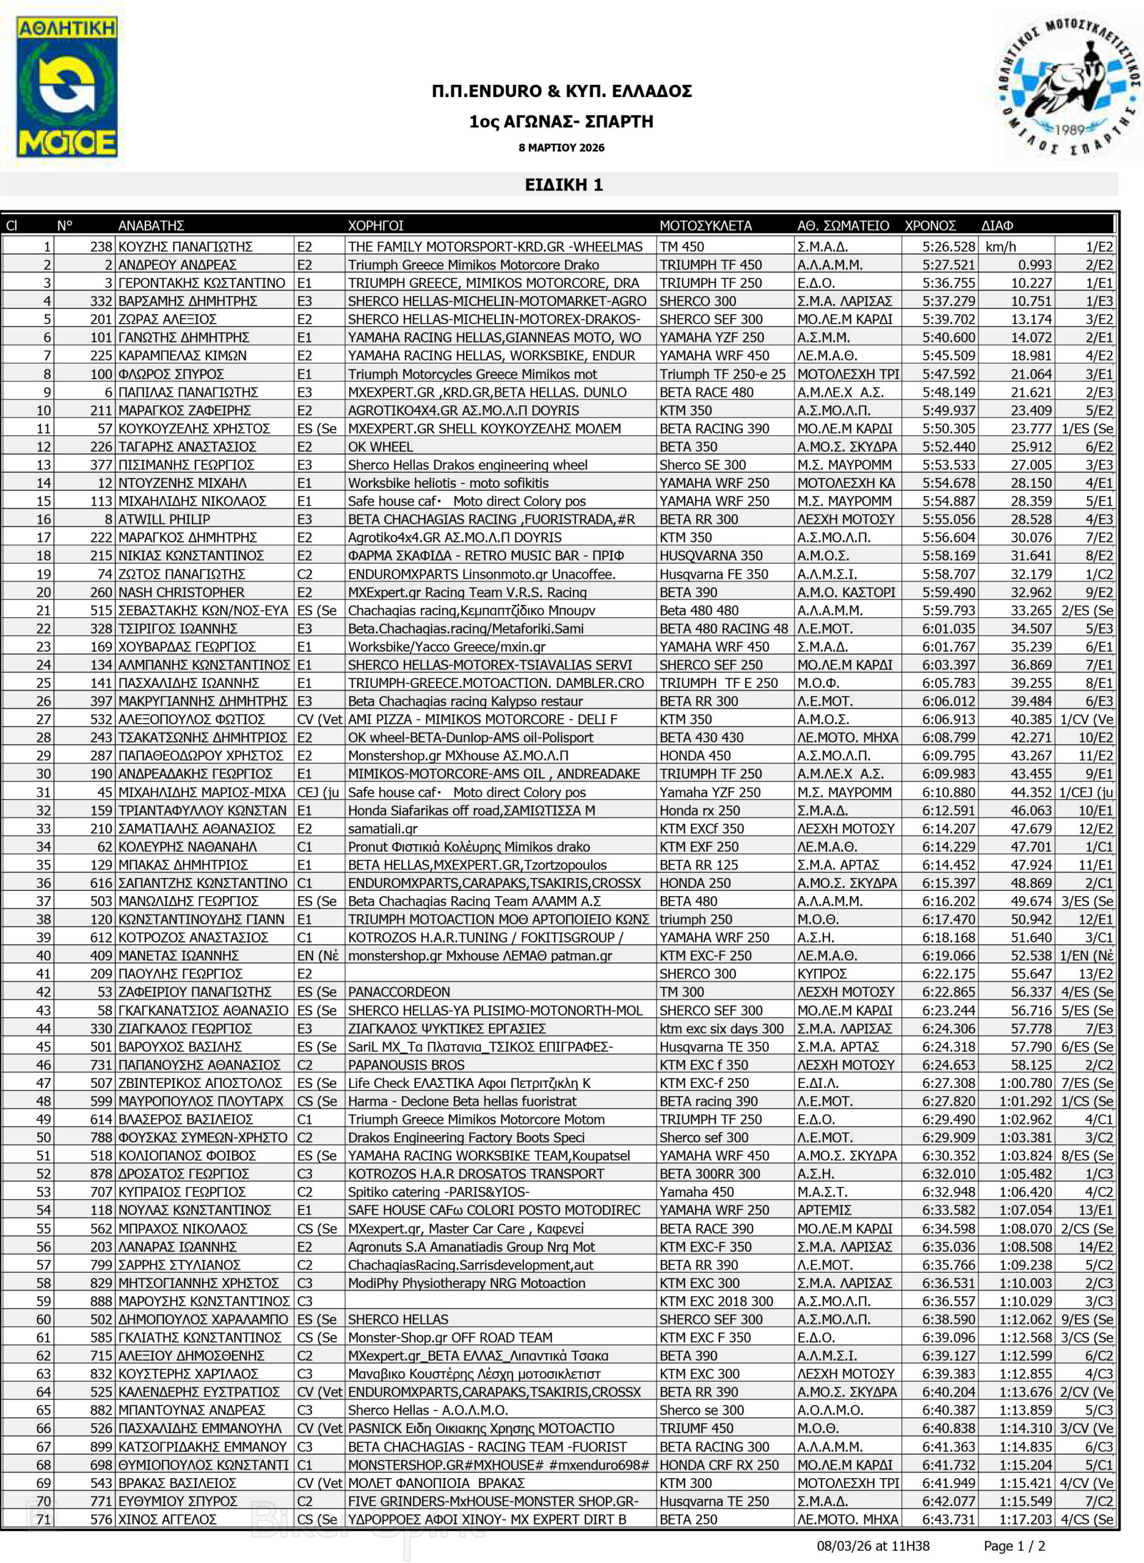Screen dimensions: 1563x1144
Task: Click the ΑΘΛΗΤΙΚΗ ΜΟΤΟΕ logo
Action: pyautogui.click(x=67, y=87)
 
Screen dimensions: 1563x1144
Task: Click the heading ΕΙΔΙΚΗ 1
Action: pyautogui.click(x=564, y=185)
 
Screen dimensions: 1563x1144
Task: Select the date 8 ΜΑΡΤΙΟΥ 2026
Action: pyautogui.click(x=561, y=147)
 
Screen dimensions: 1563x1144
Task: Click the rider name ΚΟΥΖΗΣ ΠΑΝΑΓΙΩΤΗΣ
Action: pyautogui.click(x=185, y=247)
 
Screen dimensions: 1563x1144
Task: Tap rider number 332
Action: pyautogui.click(x=101, y=301)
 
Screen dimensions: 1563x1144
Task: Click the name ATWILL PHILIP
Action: pyautogui.click(x=164, y=519)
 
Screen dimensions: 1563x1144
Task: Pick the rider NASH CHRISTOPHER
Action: pyautogui.click(x=181, y=592)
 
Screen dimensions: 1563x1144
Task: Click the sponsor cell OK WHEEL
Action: pyautogui.click(x=380, y=446)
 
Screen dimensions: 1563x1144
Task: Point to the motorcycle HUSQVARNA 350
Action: pyautogui.click(x=710, y=555)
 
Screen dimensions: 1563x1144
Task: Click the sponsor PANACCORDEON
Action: pyautogui.click(x=399, y=992)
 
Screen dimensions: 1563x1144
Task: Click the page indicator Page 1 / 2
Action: pyautogui.click(x=1015, y=1547)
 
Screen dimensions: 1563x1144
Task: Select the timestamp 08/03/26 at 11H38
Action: pyautogui.click(x=873, y=1547)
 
